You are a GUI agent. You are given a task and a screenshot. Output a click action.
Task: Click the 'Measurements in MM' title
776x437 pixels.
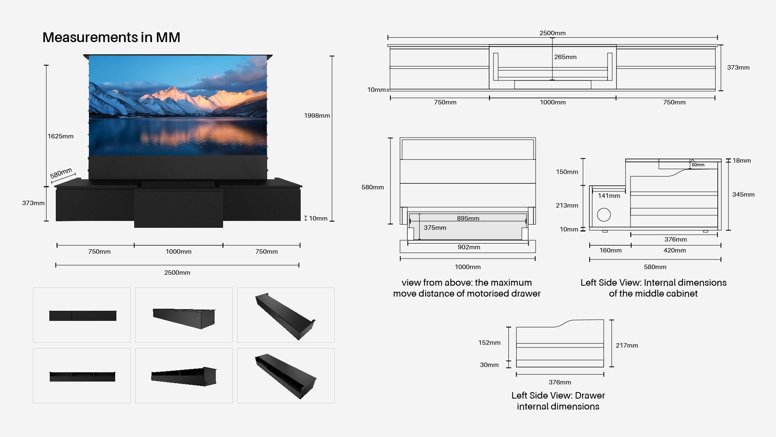click(x=111, y=38)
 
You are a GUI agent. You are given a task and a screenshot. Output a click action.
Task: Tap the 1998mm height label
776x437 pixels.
click(x=317, y=116)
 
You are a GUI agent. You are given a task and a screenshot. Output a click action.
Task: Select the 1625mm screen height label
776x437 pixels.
click(x=61, y=136)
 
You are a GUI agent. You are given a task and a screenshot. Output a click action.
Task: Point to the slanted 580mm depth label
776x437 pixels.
click(x=61, y=173)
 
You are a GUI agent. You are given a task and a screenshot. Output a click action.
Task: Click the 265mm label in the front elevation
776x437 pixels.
click(x=565, y=57)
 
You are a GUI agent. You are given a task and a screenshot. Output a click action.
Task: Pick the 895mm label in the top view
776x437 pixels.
click(x=468, y=218)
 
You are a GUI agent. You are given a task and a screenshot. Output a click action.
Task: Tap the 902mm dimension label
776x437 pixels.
click(x=469, y=247)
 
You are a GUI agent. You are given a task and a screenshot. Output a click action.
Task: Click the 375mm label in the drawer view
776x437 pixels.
click(x=435, y=228)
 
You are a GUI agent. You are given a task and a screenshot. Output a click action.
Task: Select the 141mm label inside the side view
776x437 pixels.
click(x=609, y=196)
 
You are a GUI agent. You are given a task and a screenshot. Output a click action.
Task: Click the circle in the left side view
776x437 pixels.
click(x=604, y=215)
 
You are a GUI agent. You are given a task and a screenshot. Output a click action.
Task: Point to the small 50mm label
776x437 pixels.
click(x=698, y=165)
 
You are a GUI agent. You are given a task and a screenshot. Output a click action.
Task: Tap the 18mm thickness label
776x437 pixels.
click(x=742, y=161)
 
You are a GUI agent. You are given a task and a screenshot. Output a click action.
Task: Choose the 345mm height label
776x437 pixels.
click(x=743, y=195)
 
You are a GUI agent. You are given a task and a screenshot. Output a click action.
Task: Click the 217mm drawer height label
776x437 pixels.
click(x=627, y=346)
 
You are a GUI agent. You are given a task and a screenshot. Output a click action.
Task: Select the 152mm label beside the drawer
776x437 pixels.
click(x=489, y=343)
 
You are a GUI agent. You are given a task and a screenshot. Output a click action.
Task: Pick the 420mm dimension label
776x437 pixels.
click(x=675, y=250)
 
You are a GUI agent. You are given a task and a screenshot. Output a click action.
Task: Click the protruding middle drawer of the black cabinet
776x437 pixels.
click(x=178, y=208)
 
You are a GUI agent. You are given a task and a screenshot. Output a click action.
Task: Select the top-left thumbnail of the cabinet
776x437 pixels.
click(x=82, y=315)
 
